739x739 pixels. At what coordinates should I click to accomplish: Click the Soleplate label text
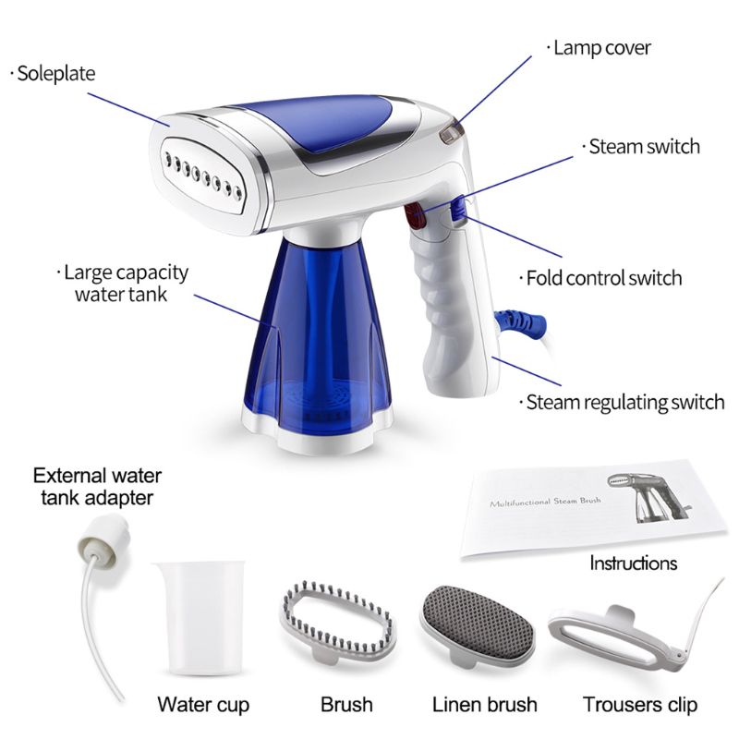click(x=56, y=74)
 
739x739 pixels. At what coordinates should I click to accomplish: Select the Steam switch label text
click(x=643, y=146)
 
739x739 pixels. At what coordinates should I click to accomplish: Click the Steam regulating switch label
click(x=624, y=402)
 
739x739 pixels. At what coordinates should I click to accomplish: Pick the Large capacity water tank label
click(x=127, y=284)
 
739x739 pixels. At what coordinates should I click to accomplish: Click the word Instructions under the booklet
click(x=633, y=563)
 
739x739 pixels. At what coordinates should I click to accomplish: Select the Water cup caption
click(x=203, y=705)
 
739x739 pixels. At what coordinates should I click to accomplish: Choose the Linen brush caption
click(x=485, y=705)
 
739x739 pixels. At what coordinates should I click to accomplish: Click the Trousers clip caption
click(x=640, y=705)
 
